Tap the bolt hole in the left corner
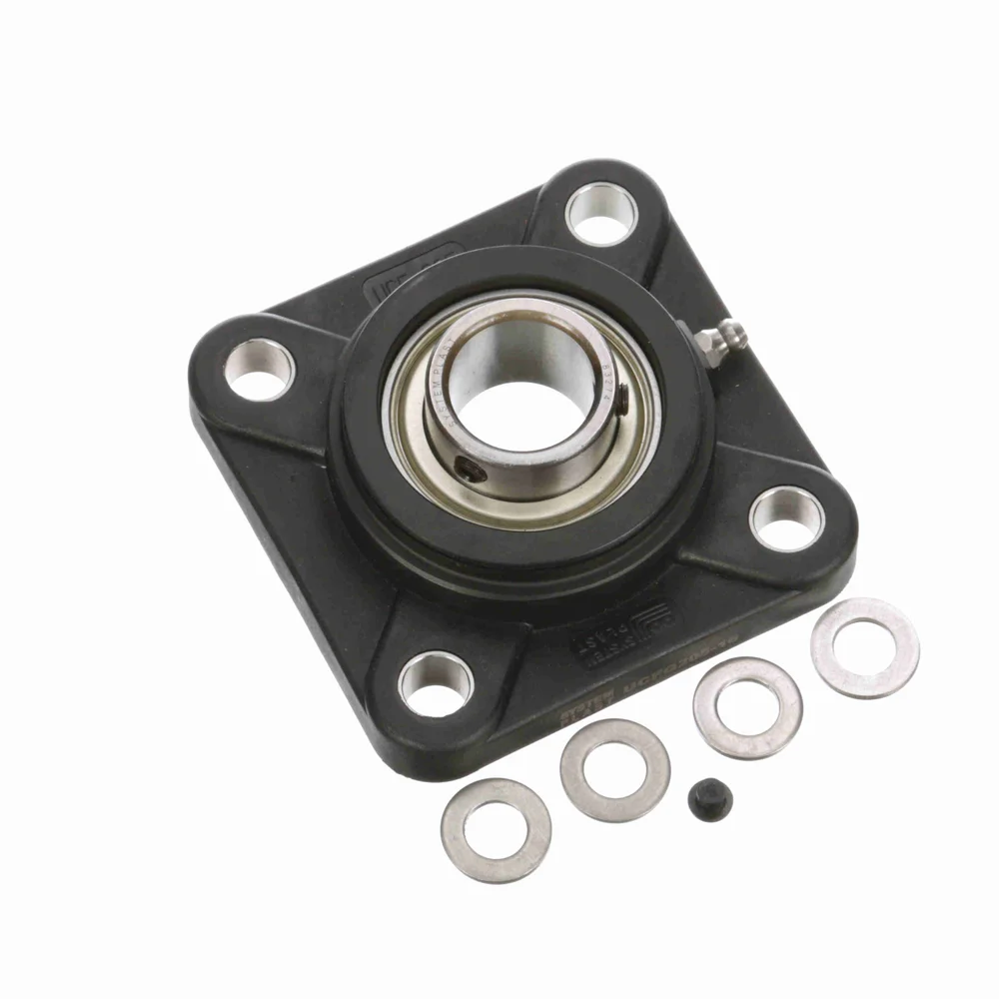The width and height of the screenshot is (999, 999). [x=258, y=369]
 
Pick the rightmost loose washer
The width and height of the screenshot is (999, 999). [x=865, y=647]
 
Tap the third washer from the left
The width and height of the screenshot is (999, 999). [x=747, y=707]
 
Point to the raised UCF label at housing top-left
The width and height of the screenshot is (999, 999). [x=410, y=271]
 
